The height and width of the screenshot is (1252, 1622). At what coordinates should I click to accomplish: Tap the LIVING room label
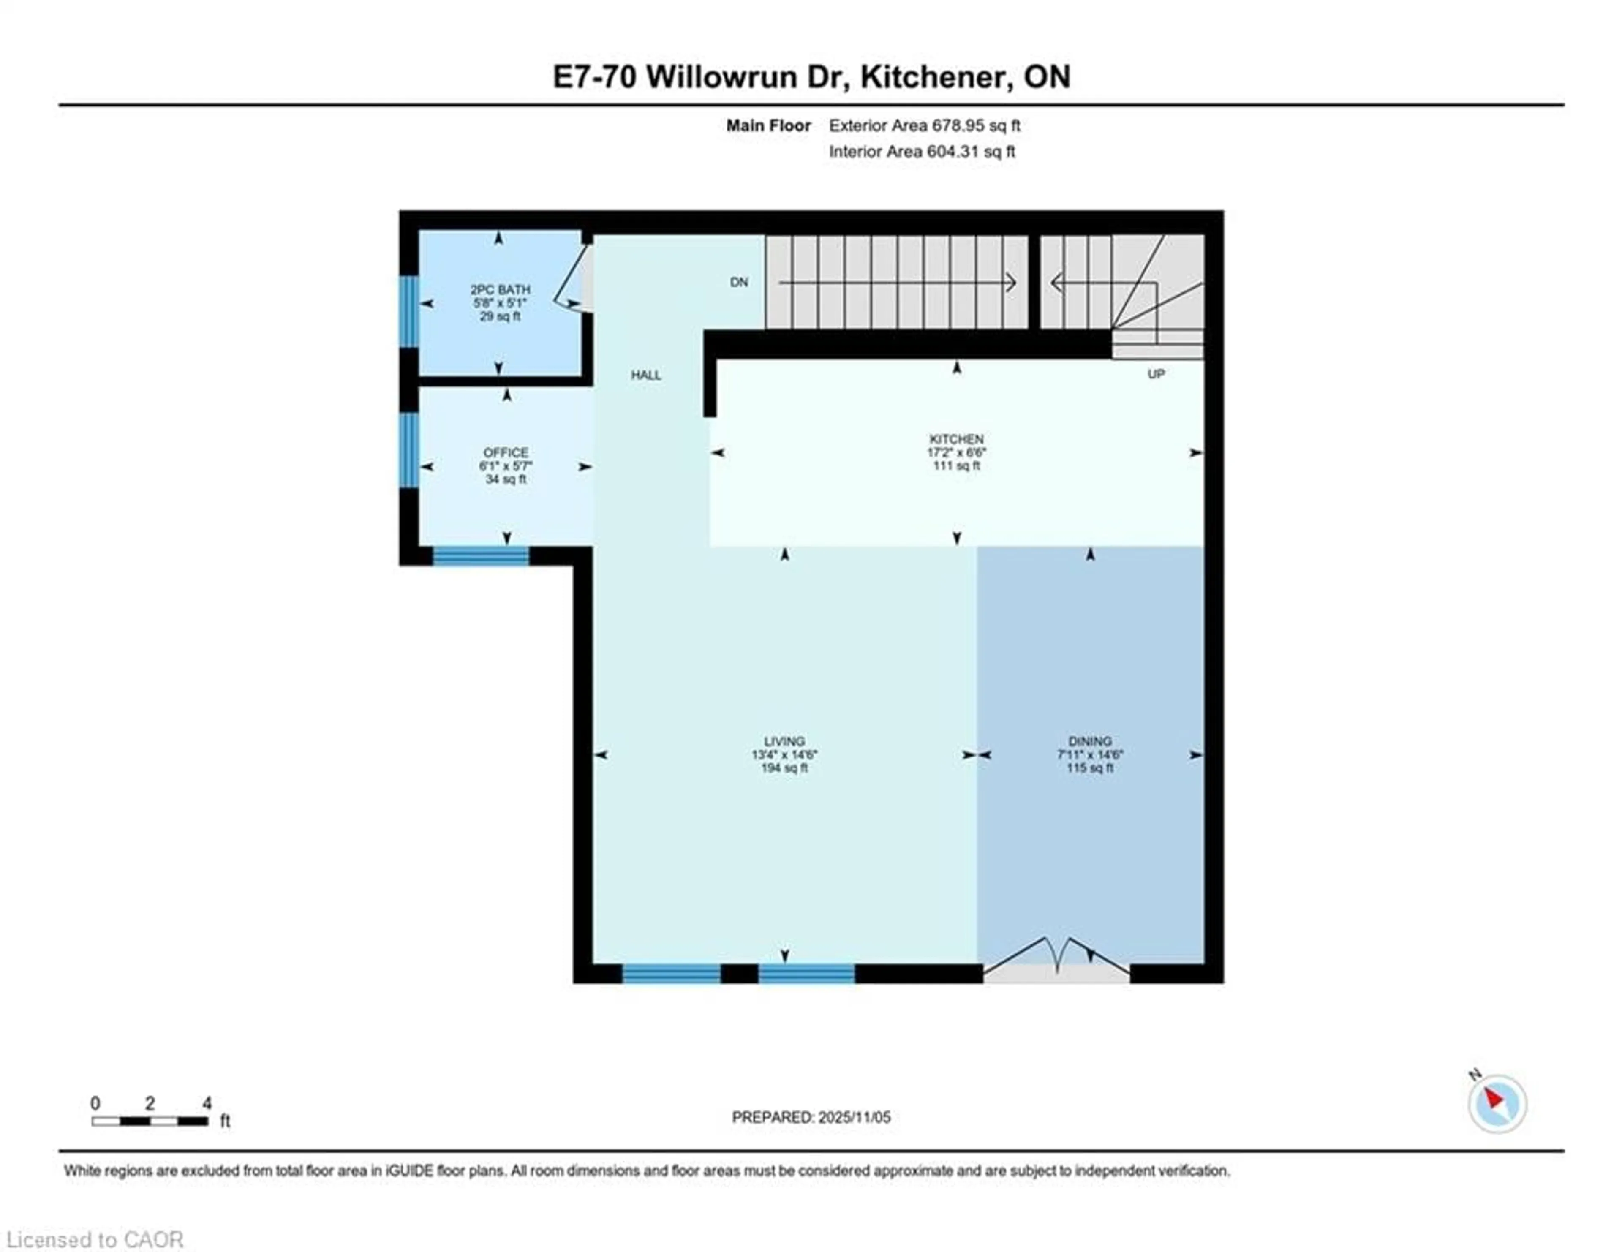784,741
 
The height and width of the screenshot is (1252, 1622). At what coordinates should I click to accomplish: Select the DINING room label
1089,741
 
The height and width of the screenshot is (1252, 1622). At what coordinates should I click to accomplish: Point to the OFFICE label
506,452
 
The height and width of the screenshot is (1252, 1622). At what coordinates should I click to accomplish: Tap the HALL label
645,375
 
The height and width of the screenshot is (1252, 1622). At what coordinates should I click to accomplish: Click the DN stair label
739,282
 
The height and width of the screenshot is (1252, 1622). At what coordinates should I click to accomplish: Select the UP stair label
1156,374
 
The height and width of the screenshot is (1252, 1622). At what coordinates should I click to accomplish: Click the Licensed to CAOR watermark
94,1239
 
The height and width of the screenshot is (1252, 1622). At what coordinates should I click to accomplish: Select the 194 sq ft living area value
784,768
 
